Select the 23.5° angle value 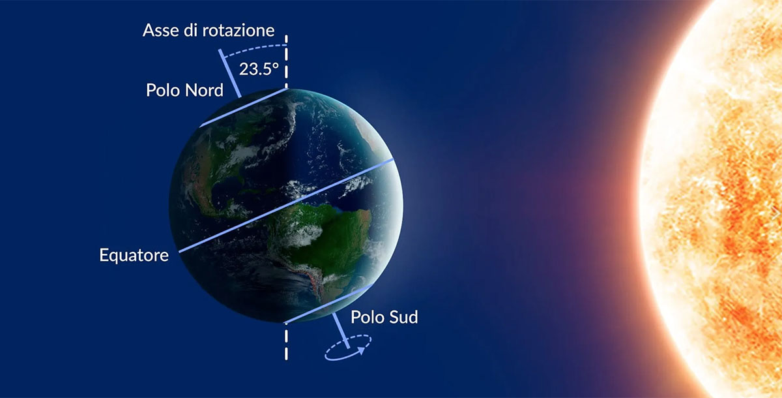pyautogui.click(x=259, y=69)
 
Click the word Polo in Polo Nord pyautogui.click(x=163, y=90)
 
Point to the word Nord pyautogui.click(x=204, y=90)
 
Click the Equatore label pyautogui.click(x=134, y=255)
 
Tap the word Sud pyautogui.click(x=403, y=317)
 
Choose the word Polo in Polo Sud pyautogui.click(x=368, y=317)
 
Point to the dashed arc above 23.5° pyautogui.click(x=255, y=48)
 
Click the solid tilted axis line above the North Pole pyautogui.click(x=229, y=73)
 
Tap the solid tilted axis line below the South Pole pyautogui.click(x=341, y=331)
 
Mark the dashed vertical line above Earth pyautogui.click(x=286, y=61)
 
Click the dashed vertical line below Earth pyautogui.click(x=286, y=342)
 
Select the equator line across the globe pyautogui.click(x=286, y=205)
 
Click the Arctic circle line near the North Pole pyautogui.click(x=244, y=108)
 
